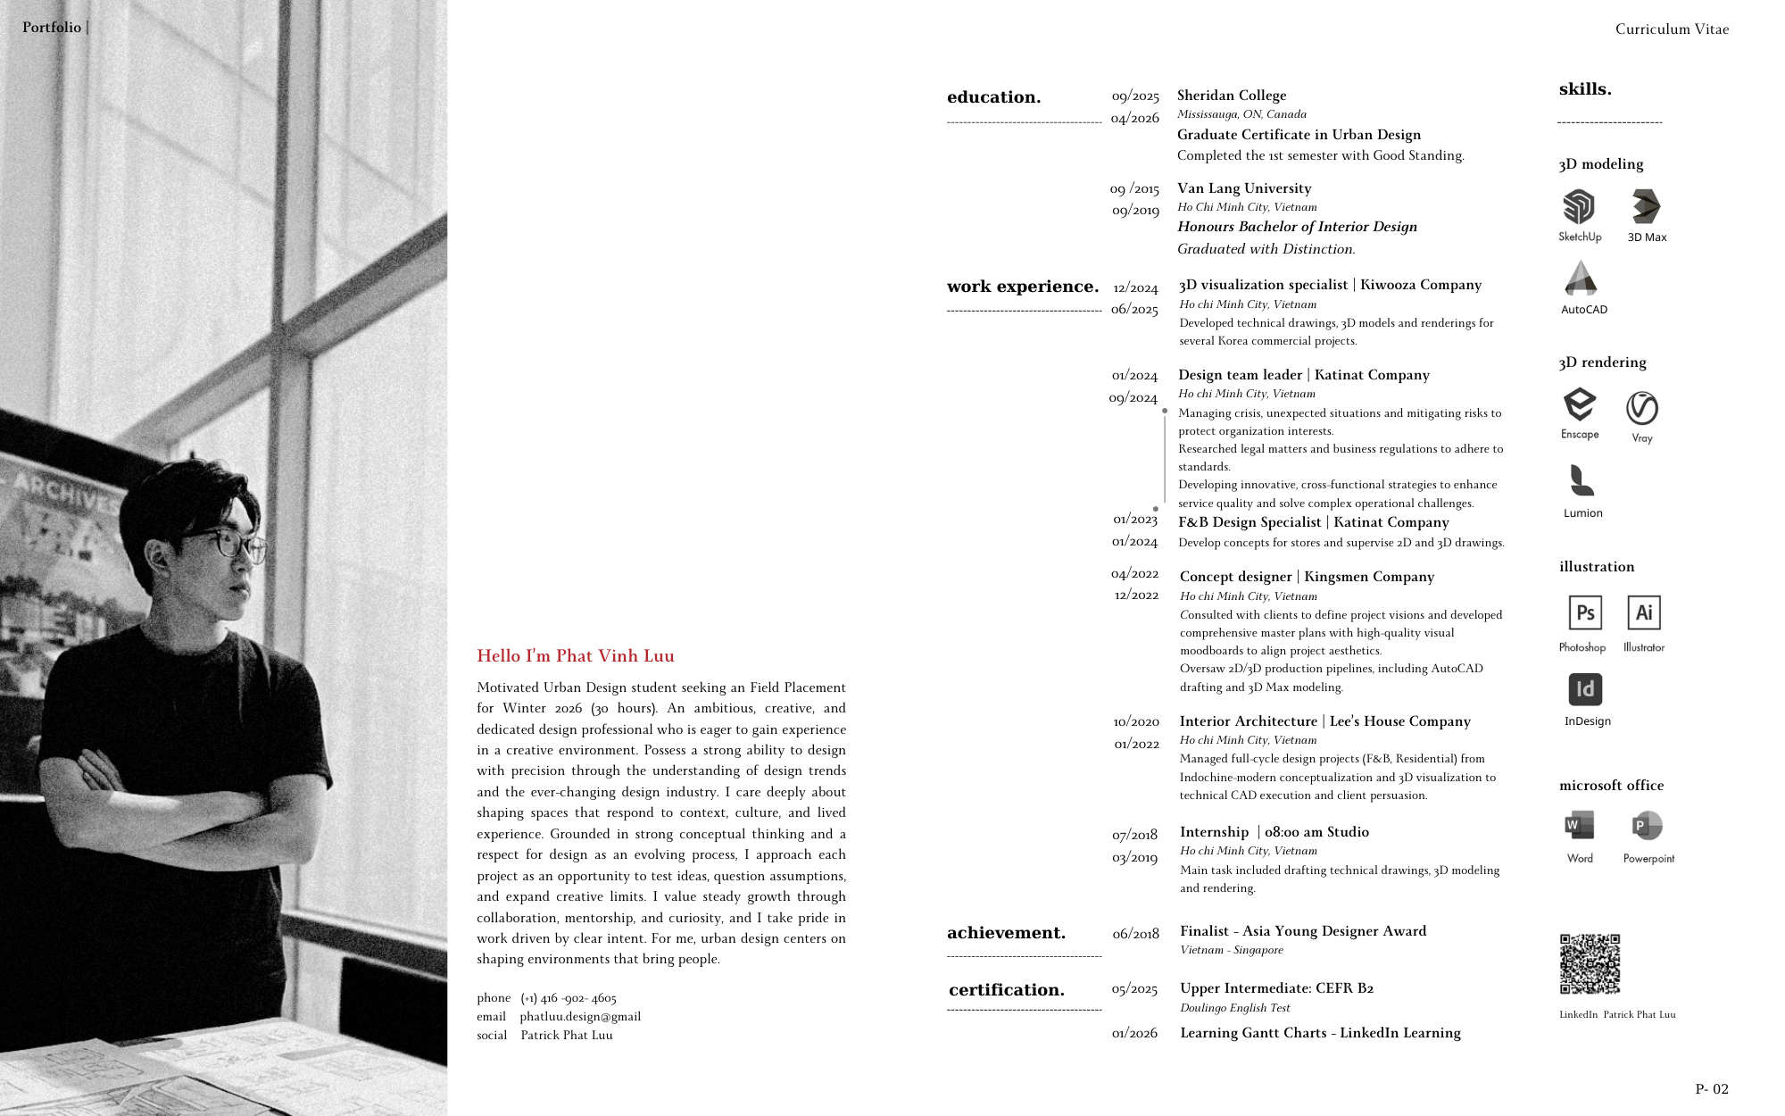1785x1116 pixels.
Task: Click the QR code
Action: [1590, 964]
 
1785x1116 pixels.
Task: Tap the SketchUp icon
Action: [1579, 207]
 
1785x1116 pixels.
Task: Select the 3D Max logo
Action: [1646, 206]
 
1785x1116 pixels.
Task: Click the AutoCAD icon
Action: [1582, 279]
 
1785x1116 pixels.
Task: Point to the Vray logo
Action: [1641, 408]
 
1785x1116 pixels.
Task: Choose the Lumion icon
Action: [1582, 480]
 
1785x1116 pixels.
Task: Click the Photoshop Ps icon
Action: [1585, 612]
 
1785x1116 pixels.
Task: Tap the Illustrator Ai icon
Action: [1644, 612]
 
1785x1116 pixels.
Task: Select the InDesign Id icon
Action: [1585, 689]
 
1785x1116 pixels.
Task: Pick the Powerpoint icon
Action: [1647, 826]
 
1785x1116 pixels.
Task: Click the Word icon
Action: [1579, 826]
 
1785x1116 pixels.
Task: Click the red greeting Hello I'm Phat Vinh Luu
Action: [576, 656]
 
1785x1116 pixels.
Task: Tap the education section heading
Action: [994, 97]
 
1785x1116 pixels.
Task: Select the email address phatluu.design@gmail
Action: [580, 1017]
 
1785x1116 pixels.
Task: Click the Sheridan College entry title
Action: [1232, 96]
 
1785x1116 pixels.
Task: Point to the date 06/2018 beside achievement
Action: [1135, 934]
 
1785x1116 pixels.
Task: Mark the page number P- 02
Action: [1712, 1089]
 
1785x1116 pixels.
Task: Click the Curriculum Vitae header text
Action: [1672, 29]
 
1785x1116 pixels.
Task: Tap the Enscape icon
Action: [1580, 404]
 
